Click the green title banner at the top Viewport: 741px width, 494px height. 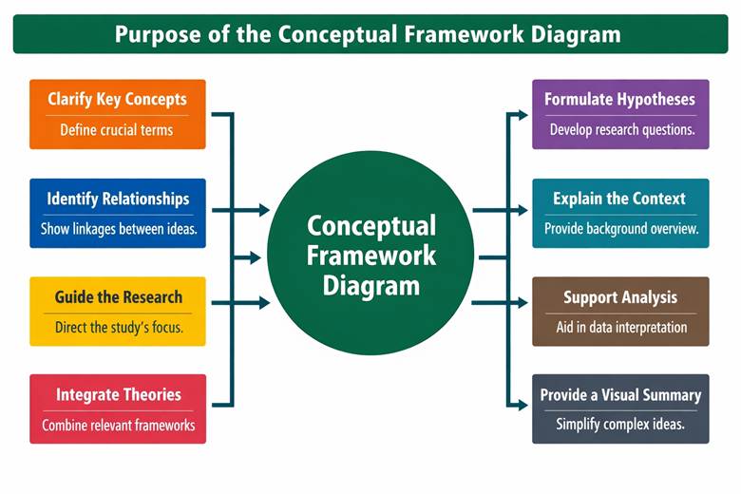click(x=370, y=34)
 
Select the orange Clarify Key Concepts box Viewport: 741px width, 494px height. click(x=118, y=114)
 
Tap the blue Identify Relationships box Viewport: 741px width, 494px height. click(x=118, y=213)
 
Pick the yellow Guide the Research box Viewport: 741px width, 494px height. click(x=118, y=312)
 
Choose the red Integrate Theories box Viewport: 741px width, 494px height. click(x=118, y=408)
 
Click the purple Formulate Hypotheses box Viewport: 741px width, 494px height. click(x=620, y=114)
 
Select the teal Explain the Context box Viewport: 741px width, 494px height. click(x=620, y=213)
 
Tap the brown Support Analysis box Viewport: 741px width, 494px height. click(x=620, y=312)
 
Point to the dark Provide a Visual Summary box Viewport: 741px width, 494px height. click(x=620, y=408)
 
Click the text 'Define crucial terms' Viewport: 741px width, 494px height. click(x=117, y=130)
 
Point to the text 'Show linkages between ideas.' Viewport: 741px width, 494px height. click(x=118, y=229)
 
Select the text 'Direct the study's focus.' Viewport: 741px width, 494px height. click(x=118, y=328)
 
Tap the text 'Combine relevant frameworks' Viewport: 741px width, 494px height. click(x=119, y=425)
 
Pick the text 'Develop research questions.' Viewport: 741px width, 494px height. click(x=621, y=130)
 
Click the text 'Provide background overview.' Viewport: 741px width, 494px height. click(x=621, y=229)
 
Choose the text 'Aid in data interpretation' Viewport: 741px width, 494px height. click(x=621, y=328)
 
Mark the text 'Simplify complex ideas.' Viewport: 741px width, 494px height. click(x=620, y=425)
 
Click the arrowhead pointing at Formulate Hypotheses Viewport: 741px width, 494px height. click(x=523, y=115)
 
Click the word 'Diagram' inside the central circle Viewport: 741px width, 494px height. click(x=370, y=285)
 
